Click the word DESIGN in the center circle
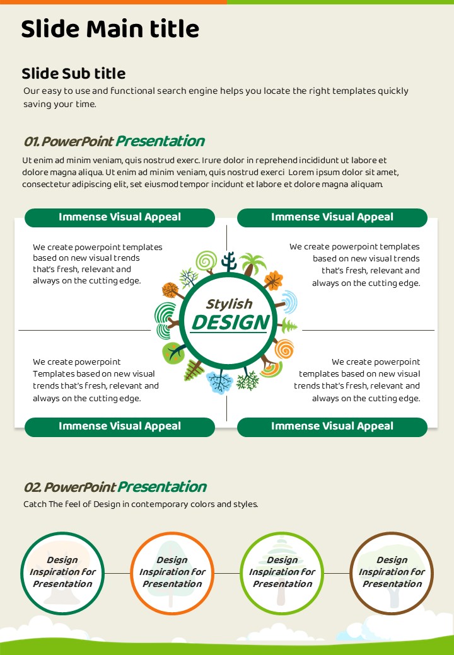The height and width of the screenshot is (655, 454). tap(231, 322)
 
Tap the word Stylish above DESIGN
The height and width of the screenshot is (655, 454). tap(229, 304)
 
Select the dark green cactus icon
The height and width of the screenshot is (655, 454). tap(229, 261)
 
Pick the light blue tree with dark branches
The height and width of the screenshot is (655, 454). tap(220, 382)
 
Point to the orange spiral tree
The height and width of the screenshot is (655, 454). tap(284, 349)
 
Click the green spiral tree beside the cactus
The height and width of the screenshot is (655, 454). tap(206, 262)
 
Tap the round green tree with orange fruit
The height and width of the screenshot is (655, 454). tap(173, 352)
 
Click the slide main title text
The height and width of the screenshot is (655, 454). tap(110, 29)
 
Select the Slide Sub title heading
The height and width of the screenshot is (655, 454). tap(74, 74)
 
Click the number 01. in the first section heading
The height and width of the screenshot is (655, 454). tap(32, 142)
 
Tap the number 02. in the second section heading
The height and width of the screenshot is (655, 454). tap(33, 487)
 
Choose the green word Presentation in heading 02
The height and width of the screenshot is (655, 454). tap(162, 487)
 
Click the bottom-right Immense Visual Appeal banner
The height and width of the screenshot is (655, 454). tap(332, 427)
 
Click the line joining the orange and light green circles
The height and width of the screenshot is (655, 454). tap(227, 573)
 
